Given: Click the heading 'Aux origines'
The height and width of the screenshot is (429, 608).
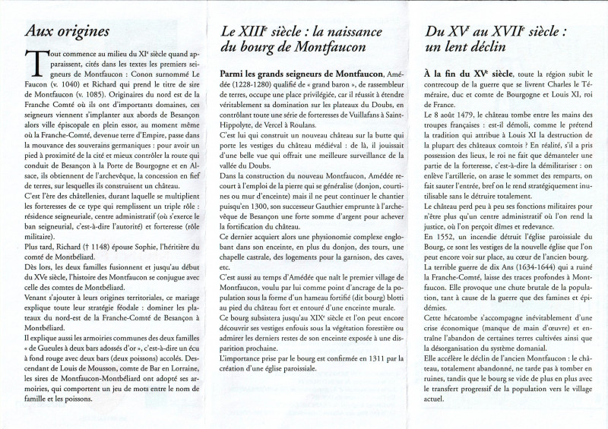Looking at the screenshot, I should (68, 31).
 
